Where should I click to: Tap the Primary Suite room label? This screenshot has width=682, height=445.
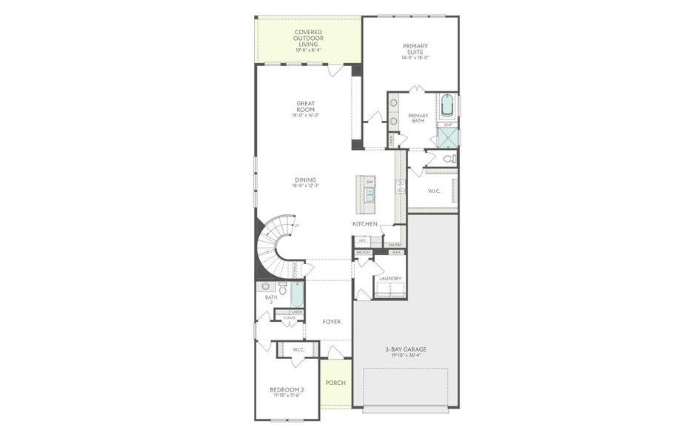coord(415,49)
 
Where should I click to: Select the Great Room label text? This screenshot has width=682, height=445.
coord(306,106)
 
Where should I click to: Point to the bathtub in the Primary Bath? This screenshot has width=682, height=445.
coord(447,107)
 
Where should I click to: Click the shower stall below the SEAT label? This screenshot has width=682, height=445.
coord(448,138)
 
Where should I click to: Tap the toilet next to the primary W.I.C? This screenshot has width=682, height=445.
coord(447,159)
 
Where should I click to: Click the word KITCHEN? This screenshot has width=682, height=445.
coord(364,224)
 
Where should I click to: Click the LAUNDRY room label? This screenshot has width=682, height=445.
coord(390,279)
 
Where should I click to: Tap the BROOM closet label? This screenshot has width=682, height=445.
coord(363,252)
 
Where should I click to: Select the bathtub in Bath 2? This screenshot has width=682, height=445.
coord(296,295)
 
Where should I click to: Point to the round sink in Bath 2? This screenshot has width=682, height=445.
coord(265,286)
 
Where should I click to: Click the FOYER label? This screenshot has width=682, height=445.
coord(331,323)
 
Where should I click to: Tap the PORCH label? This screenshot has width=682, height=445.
coord(335,383)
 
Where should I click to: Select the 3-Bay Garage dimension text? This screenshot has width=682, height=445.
coord(405,355)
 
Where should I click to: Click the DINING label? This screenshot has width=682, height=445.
coord(305,179)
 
